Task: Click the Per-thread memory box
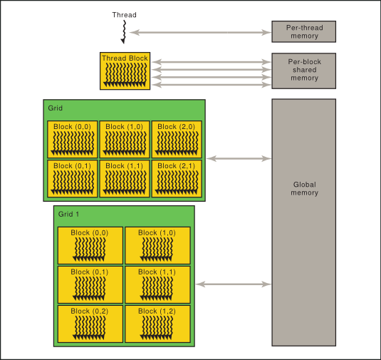303,31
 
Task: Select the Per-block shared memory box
303,71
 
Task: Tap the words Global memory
305,188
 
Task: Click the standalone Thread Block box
125,71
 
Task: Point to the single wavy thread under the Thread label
124,32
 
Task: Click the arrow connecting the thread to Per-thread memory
200,32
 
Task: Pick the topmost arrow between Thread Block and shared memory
212,62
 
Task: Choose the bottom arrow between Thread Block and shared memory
212,85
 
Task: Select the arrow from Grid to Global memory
239,158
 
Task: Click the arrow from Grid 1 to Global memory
234,284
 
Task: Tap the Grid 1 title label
68,214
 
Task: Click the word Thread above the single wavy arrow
124,15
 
